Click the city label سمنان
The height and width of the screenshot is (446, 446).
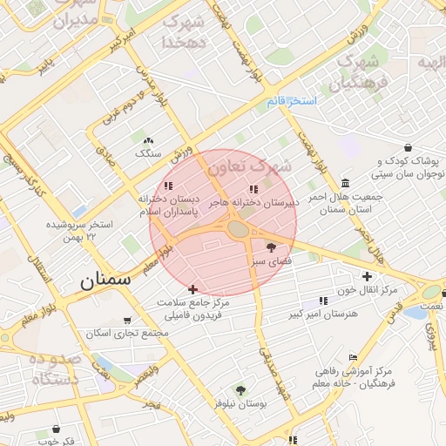tap(105, 280)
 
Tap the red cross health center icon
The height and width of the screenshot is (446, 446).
tap(193, 288)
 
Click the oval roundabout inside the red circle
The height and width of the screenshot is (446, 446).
tap(238, 229)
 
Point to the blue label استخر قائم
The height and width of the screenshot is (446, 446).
tap(292, 102)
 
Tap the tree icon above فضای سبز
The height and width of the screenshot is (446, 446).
tap(271, 247)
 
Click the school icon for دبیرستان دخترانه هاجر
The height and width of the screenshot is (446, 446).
tap(253, 188)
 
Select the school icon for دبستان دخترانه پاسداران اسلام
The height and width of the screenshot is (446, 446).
tap(169, 186)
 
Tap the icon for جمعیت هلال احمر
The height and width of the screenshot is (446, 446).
tap(346, 183)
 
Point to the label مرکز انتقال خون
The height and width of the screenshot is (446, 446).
tap(369, 289)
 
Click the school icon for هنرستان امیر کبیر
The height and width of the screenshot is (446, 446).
tap(323, 301)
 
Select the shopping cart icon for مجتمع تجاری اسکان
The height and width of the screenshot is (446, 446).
tap(128, 320)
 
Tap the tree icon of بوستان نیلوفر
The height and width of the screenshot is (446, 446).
tap(240, 390)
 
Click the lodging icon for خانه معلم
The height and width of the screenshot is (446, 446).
tap(353, 357)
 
